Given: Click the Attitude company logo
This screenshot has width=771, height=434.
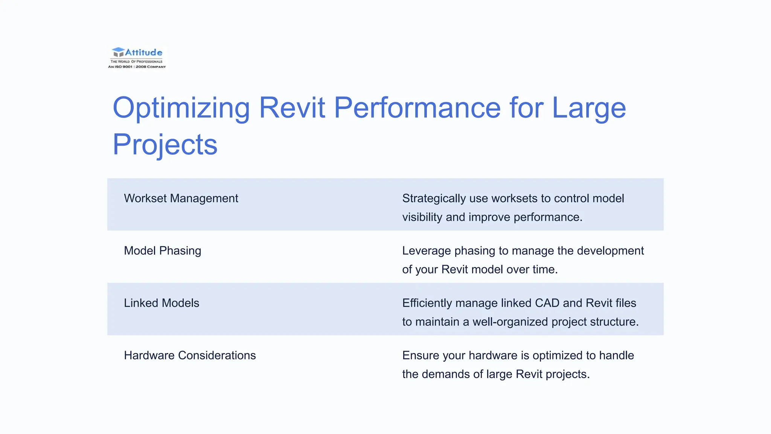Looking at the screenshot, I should pyautogui.click(x=137, y=53).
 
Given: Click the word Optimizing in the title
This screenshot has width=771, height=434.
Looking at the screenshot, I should pyautogui.click(x=181, y=108).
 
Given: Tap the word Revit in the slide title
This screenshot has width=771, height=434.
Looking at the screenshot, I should pyautogui.click(x=292, y=108).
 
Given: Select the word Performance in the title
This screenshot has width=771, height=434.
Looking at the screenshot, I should pyautogui.click(x=417, y=108).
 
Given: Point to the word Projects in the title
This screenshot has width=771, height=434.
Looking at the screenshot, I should pyautogui.click(x=165, y=145).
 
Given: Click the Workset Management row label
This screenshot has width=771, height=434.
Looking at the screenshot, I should pyautogui.click(x=181, y=199).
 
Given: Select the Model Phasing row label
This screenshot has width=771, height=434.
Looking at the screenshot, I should pyautogui.click(x=162, y=251).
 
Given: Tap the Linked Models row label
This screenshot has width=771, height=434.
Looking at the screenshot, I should pyautogui.click(x=161, y=303).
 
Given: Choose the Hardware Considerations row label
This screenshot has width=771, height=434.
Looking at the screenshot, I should pyautogui.click(x=190, y=356).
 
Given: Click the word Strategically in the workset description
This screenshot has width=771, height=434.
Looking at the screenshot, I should pyautogui.click(x=434, y=199).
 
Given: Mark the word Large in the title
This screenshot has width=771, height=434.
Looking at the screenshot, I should pyautogui.click(x=588, y=108).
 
